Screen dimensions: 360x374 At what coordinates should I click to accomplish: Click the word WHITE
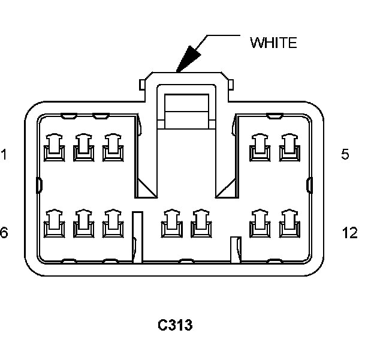pyautogui.click(x=273, y=43)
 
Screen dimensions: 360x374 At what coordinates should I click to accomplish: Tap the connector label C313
pyautogui.click(x=175, y=325)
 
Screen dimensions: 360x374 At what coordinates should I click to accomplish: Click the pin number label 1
pyautogui.click(x=4, y=155)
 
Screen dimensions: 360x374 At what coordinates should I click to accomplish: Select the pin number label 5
pyautogui.click(x=345, y=154)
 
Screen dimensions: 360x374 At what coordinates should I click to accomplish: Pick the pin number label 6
pyautogui.click(x=4, y=232)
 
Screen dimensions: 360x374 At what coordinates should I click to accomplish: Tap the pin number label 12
pyautogui.click(x=349, y=232)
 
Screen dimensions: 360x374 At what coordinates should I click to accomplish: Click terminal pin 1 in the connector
pyautogui.click(x=54, y=148)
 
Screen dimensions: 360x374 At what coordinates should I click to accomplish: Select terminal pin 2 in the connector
pyautogui.click(x=82, y=148)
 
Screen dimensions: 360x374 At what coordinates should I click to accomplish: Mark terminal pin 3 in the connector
pyautogui.click(x=111, y=148)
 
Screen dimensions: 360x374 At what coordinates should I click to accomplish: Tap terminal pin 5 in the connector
pyautogui.click(x=289, y=148)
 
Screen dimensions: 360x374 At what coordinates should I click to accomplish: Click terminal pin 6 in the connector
pyautogui.click(x=54, y=223)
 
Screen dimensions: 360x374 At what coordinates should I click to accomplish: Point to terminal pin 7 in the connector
pyautogui.click(x=82, y=223)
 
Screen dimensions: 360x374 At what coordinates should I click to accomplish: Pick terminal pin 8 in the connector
pyautogui.click(x=111, y=223)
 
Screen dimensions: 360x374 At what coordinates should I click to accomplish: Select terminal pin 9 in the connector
pyautogui.click(x=171, y=223)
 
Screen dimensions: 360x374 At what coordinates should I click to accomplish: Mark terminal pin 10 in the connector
pyautogui.click(x=200, y=223)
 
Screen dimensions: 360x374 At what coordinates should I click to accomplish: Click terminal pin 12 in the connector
pyautogui.click(x=289, y=223)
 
